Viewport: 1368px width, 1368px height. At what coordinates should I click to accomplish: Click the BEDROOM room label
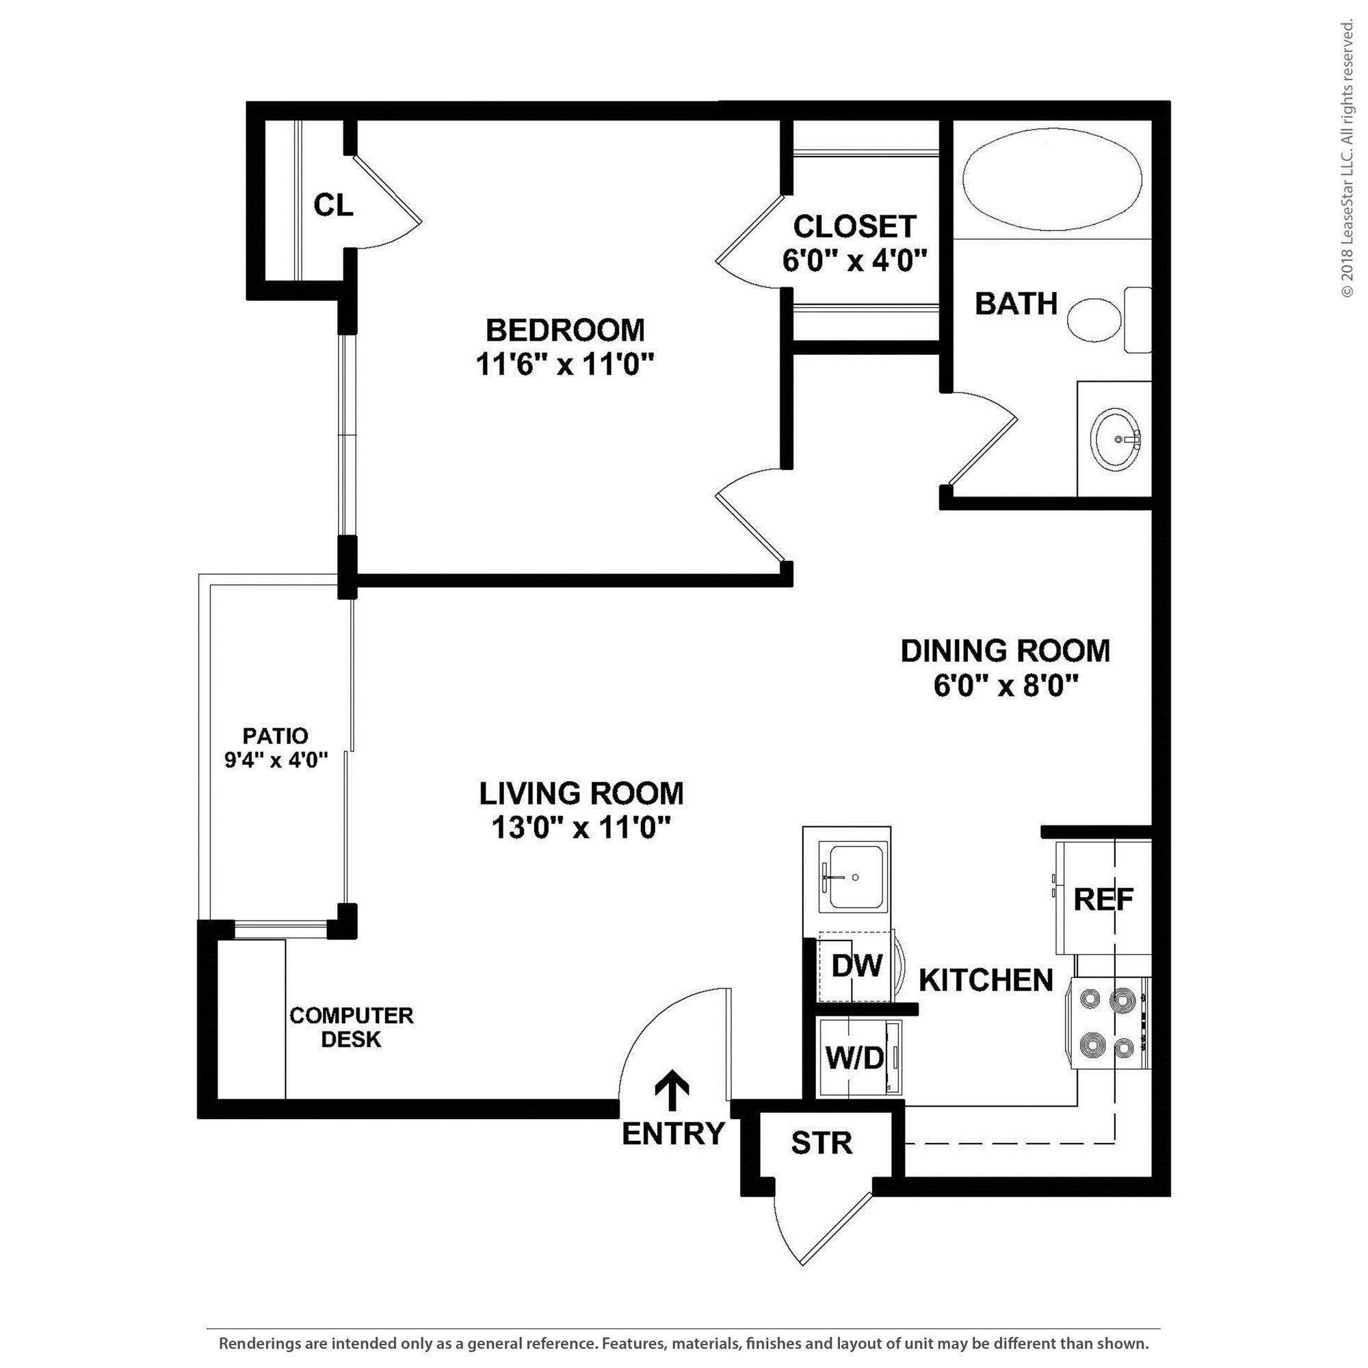(x=564, y=330)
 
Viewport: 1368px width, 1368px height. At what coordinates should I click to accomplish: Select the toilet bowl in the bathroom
(x=1093, y=319)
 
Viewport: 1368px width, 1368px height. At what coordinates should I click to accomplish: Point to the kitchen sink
(x=853, y=876)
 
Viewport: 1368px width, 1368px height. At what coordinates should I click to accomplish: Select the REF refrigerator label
(x=1103, y=899)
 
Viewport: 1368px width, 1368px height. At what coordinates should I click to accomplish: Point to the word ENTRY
(x=673, y=1133)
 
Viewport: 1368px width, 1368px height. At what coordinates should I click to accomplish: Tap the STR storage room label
(x=821, y=1143)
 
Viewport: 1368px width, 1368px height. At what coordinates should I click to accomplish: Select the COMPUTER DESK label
(x=351, y=1027)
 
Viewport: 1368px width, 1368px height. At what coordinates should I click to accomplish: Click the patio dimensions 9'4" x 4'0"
(x=276, y=761)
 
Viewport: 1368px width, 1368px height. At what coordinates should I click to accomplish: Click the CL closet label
(x=333, y=205)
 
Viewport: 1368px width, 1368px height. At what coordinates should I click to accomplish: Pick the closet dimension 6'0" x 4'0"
(x=854, y=261)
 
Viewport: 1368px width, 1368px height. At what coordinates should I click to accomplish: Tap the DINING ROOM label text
(x=1005, y=650)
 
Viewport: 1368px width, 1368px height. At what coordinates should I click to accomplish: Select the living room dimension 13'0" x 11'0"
(x=581, y=828)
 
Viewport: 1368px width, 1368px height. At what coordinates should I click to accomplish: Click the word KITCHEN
(x=986, y=980)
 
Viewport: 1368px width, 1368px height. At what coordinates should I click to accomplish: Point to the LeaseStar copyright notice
(x=1347, y=159)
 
